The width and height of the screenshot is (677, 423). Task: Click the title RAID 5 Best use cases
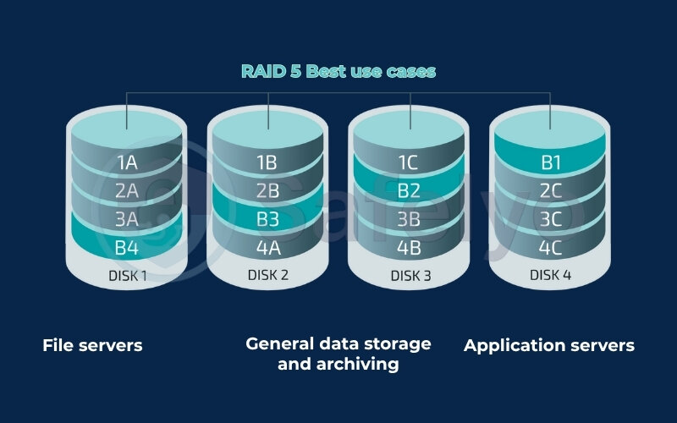coord(338,71)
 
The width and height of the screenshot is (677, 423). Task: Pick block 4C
coord(550,249)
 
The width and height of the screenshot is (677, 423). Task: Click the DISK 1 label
coord(126,275)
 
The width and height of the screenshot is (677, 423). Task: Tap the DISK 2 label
coord(267,275)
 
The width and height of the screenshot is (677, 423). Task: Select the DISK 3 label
coord(410,276)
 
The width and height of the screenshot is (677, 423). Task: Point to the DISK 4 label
coord(550,275)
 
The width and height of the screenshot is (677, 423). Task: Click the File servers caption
coord(92,345)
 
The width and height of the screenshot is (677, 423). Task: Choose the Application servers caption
coord(549,345)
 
